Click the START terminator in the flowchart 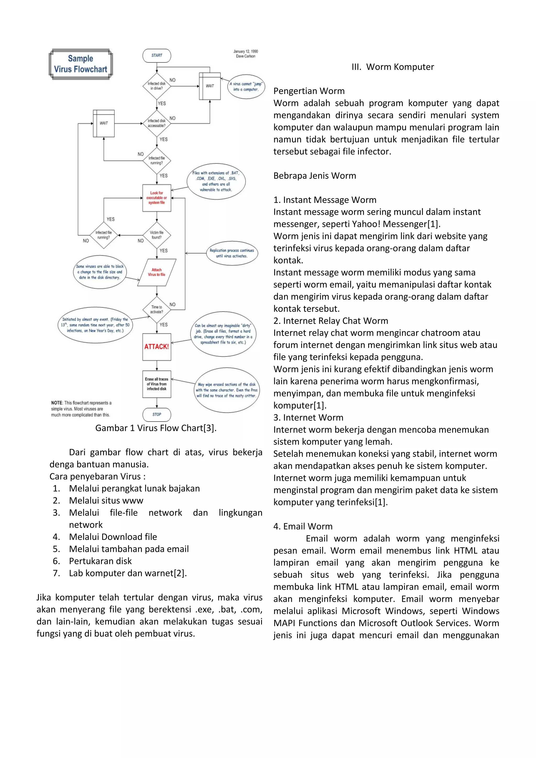(x=157, y=55)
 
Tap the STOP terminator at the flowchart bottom (x=157, y=414)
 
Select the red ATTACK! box (x=157, y=347)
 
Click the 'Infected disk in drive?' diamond (x=157, y=86)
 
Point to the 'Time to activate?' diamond (x=157, y=309)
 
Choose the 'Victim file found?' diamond (x=157, y=235)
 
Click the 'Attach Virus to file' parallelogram (x=157, y=272)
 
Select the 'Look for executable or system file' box (x=157, y=198)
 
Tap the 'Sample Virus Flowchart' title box (x=81, y=64)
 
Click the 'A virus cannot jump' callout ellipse (x=246, y=86)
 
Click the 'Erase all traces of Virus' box (x=157, y=384)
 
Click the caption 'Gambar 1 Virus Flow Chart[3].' (x=156, y=428)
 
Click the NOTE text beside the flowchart (x=81, y=409)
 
